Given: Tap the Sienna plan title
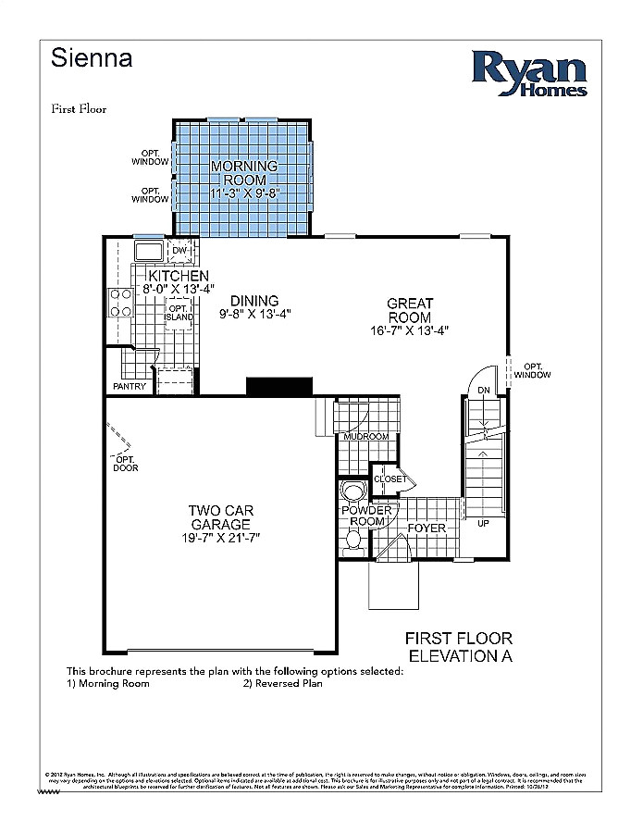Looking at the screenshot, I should [92, 59].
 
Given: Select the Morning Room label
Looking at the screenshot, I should [239, 173].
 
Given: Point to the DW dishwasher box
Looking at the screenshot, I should [179, 250].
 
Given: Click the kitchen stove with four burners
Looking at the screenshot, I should [120, 302].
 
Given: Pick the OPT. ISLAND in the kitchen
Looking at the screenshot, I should [179, 313].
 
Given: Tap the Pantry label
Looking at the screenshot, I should [129, 386].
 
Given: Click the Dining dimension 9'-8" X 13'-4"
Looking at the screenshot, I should [255, 314].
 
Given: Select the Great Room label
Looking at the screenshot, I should [409, 310].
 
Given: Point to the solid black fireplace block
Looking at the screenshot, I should [278, 386].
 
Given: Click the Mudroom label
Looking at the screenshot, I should [365, 436].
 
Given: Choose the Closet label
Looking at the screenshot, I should [390, 479].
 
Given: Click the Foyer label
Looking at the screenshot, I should [427, 528].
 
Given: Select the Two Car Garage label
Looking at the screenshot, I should [220, 517].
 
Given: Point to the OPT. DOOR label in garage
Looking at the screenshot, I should [125, 463].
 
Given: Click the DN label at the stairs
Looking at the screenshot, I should [483, 392].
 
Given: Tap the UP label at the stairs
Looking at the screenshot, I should [483, 523].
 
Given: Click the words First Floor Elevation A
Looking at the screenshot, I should [459, 647].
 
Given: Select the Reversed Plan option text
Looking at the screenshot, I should [283, 684].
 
